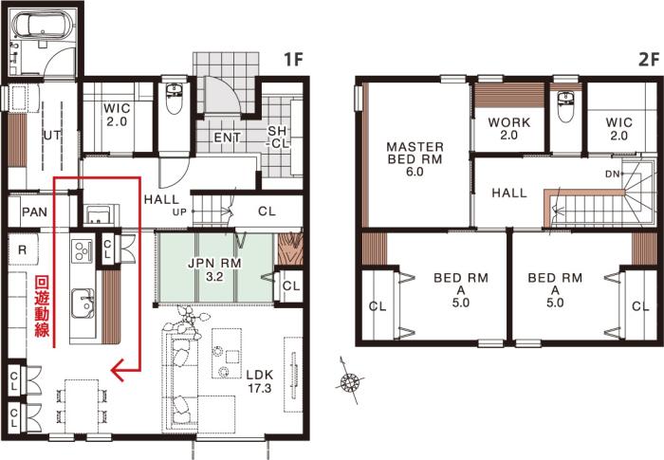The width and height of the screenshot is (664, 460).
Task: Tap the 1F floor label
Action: coord(293,60)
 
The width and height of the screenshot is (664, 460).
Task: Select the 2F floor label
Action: coord(648,60)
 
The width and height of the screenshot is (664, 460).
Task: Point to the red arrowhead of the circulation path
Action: coord(118,370)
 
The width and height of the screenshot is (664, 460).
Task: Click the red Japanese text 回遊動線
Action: coord(42,306)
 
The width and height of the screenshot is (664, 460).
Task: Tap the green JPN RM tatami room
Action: coord(214,267)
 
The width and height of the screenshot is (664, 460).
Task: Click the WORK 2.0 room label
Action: coord(508,129)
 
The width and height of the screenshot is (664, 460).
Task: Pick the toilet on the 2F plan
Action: coord(565,107)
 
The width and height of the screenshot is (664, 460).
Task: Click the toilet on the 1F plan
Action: coord(174,100)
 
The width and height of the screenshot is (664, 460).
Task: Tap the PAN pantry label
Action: coord(35,212)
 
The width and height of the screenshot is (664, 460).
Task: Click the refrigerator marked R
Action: coord(23,249)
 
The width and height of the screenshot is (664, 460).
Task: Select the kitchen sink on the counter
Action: coord(83,304)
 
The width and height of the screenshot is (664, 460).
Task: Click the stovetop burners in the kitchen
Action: coord(82,250)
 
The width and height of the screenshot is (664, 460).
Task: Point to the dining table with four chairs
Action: coord(82,406)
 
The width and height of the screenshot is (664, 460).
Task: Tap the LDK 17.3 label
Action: coord(260,381)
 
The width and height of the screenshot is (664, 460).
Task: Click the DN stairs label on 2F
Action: coord(613,174)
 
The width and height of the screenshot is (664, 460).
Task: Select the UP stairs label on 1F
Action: coord(179,212)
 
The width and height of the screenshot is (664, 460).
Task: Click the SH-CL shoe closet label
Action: coord(277,138)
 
